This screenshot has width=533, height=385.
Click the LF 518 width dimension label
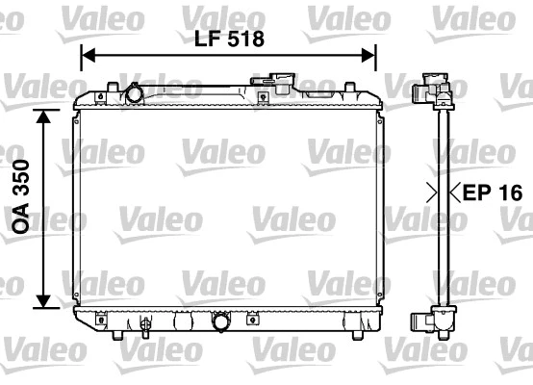[x=227, y=39]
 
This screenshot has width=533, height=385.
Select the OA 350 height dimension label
[x=20, y=209]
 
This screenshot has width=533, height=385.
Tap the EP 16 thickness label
[x=492, y=192]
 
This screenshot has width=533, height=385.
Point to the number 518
[x=241, y=39]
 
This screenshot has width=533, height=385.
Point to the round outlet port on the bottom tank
[x=223, y=322]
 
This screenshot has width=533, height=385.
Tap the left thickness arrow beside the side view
[x=432, y=192]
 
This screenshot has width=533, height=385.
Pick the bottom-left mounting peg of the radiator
[x=115, y=333]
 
